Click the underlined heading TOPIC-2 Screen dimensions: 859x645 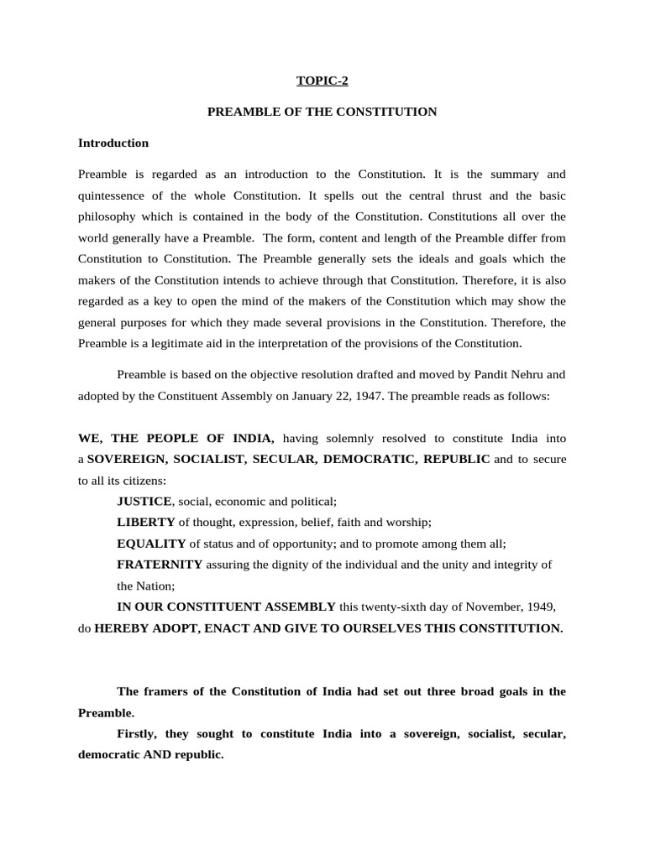click(322, 81)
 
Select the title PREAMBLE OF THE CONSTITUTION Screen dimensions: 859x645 click(322, 112)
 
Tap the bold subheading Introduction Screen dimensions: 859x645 click(113, 143)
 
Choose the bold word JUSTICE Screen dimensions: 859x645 click(144, 501)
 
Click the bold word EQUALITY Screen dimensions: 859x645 click(151, 543)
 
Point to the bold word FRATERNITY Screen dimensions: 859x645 click(160, 565)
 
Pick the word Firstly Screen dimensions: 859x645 click(139, 733)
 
